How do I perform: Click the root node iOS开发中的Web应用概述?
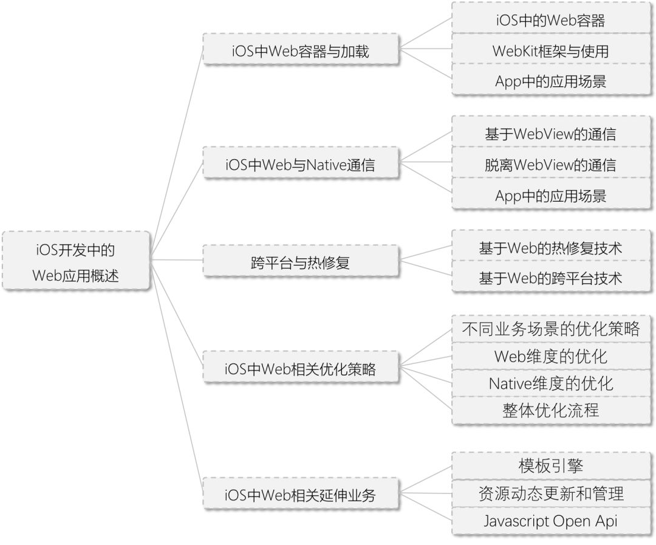point(76,260)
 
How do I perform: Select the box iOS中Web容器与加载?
point(301,51)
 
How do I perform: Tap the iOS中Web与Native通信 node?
point(301,165)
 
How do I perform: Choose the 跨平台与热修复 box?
point(301,263)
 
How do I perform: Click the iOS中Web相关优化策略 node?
point(301,368)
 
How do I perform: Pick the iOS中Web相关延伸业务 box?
point(301,495)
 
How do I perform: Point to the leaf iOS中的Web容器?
point(550,21)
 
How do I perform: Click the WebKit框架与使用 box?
point(550,51)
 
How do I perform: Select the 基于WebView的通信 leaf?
point(550,134)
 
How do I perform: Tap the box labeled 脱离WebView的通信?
point(550,164)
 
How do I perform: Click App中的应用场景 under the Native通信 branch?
point(550,196)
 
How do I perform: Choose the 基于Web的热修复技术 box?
point(550,248)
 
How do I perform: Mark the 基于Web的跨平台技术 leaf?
point(550,278)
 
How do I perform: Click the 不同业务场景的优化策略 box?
point(550,329)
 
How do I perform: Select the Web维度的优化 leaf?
point(550,356)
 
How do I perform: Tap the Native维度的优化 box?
point(550,383)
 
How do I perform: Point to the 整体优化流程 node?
point(550,410)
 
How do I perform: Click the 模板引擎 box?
point(550,465)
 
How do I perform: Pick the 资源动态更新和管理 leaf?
point(550,493)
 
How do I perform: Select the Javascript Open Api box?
point(550,521)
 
